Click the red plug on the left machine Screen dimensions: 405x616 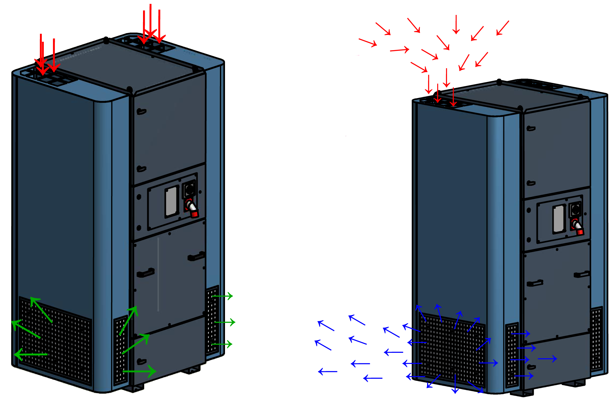tap(192, 209)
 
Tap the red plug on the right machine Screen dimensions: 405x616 tap(578, 228)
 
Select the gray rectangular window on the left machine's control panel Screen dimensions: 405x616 tap(172, 202)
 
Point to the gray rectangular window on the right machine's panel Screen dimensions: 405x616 tap(559, 219)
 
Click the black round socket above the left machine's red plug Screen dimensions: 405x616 tap(189, 189)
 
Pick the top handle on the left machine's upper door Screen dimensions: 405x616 tap(142, 112)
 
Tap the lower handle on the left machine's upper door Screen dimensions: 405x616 tap(141, 169)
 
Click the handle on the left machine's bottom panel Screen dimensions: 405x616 tap(142, 362)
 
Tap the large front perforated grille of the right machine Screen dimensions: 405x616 tap(451, 349)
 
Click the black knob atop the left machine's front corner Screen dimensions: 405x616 tap(129, 89)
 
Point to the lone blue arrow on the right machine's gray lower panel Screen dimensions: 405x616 tap(547, 359)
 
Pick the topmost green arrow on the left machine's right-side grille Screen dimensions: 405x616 tap(222, 296)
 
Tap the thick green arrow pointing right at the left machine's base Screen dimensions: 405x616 tap(139, 371)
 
